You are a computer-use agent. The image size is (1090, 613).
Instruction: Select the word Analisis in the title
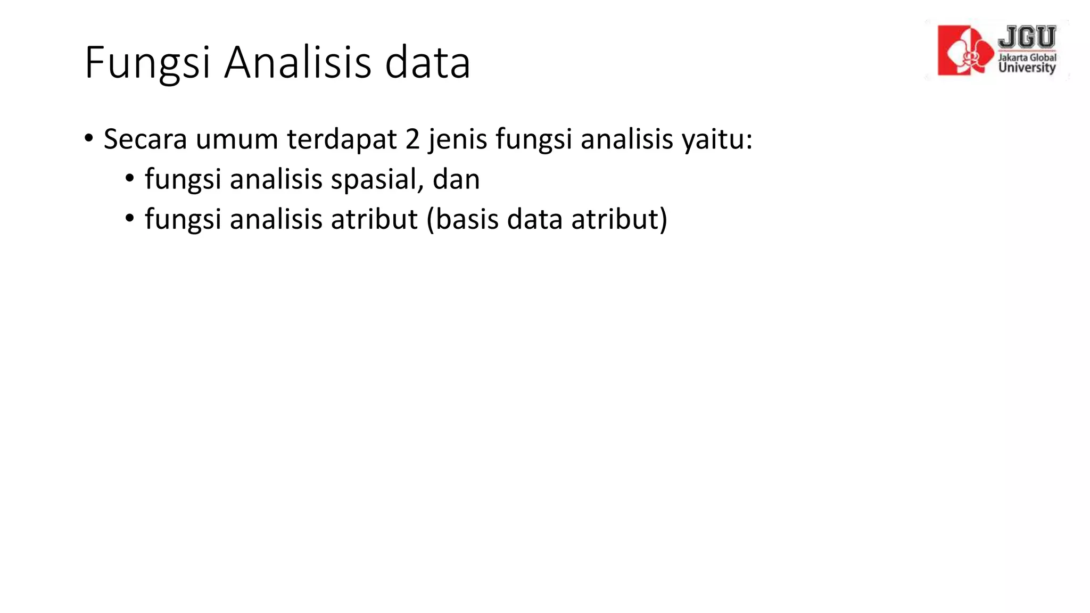[x=298, y=62]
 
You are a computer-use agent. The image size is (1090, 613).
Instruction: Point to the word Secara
[x=145, y=139]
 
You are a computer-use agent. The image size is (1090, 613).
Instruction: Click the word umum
[x=237, y=139]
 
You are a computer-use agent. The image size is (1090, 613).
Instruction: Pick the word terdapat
[x=342, y=139]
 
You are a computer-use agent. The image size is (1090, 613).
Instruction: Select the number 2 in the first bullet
[x=412, y=139]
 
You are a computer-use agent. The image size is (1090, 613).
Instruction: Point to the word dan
[x=456, y=179]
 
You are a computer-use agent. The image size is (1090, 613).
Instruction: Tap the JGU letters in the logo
[x=1027, y=38]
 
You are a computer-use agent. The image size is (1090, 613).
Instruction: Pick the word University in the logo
[x=1027, y=68]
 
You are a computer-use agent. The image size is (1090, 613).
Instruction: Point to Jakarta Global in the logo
[x=1027, y=57]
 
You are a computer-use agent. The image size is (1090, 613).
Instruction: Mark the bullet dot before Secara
[x=89, y=139]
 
